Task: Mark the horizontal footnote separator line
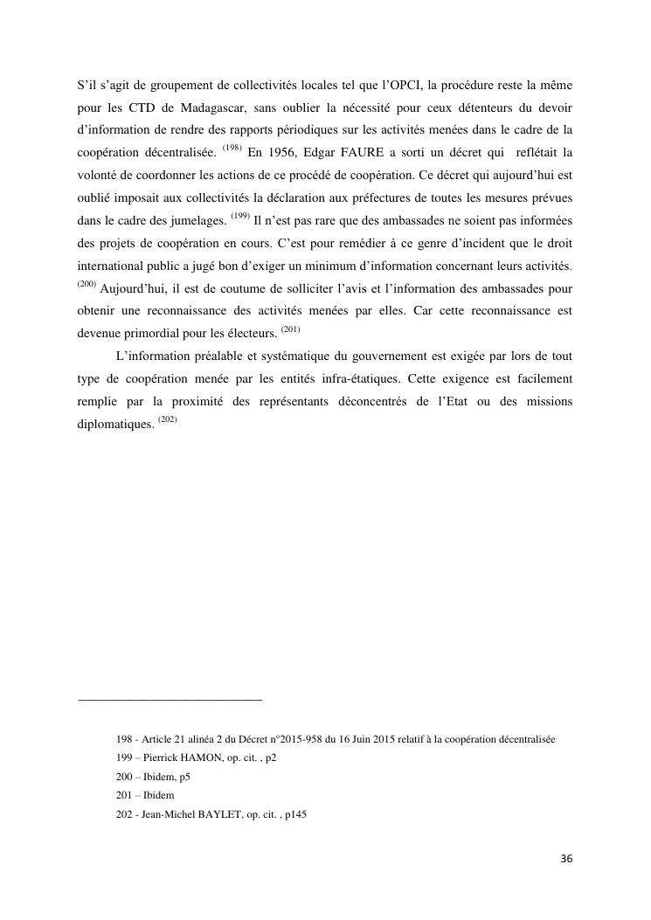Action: coord(170,699)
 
